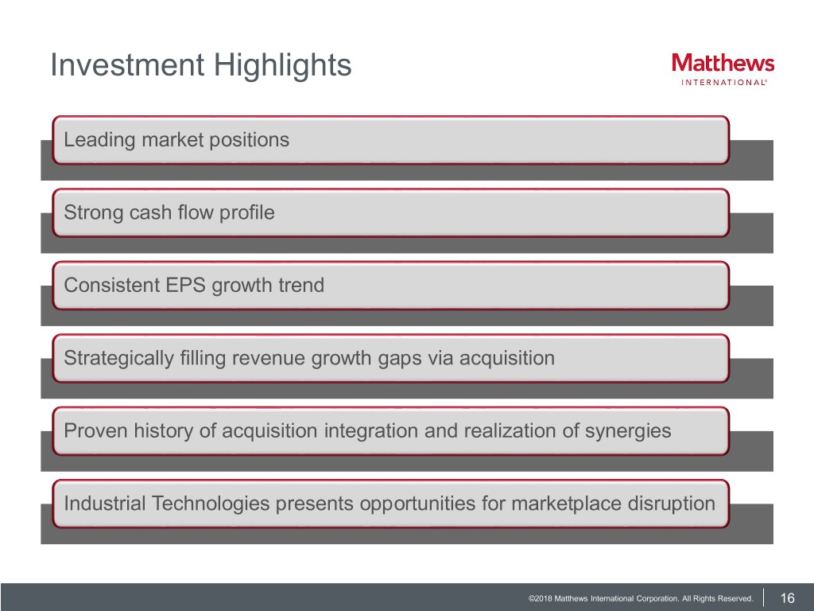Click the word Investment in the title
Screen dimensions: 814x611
(x=127, y=65)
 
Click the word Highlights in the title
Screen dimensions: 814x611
(x=282, y=66)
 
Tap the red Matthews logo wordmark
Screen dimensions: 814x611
(x=723, y=63)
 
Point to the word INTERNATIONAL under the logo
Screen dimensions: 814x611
(x=723, y=82)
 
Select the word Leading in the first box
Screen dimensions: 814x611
(x=99, y=140)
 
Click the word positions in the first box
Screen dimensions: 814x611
(x=249, y=140)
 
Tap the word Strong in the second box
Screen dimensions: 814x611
(x=94, y=213)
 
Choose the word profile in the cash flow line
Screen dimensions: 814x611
(x=246, y=213)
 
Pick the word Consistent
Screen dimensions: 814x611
(x=111, y=286)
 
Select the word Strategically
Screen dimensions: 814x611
(x=119, y=359)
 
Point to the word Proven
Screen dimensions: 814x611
(x=96, y=430)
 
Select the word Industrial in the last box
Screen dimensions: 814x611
(x=105, y=504)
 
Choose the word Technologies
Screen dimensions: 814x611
(x=211, y=504)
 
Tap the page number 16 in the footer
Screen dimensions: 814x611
(x=788, y=598)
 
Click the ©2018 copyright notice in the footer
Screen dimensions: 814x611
(x=641, y=598)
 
